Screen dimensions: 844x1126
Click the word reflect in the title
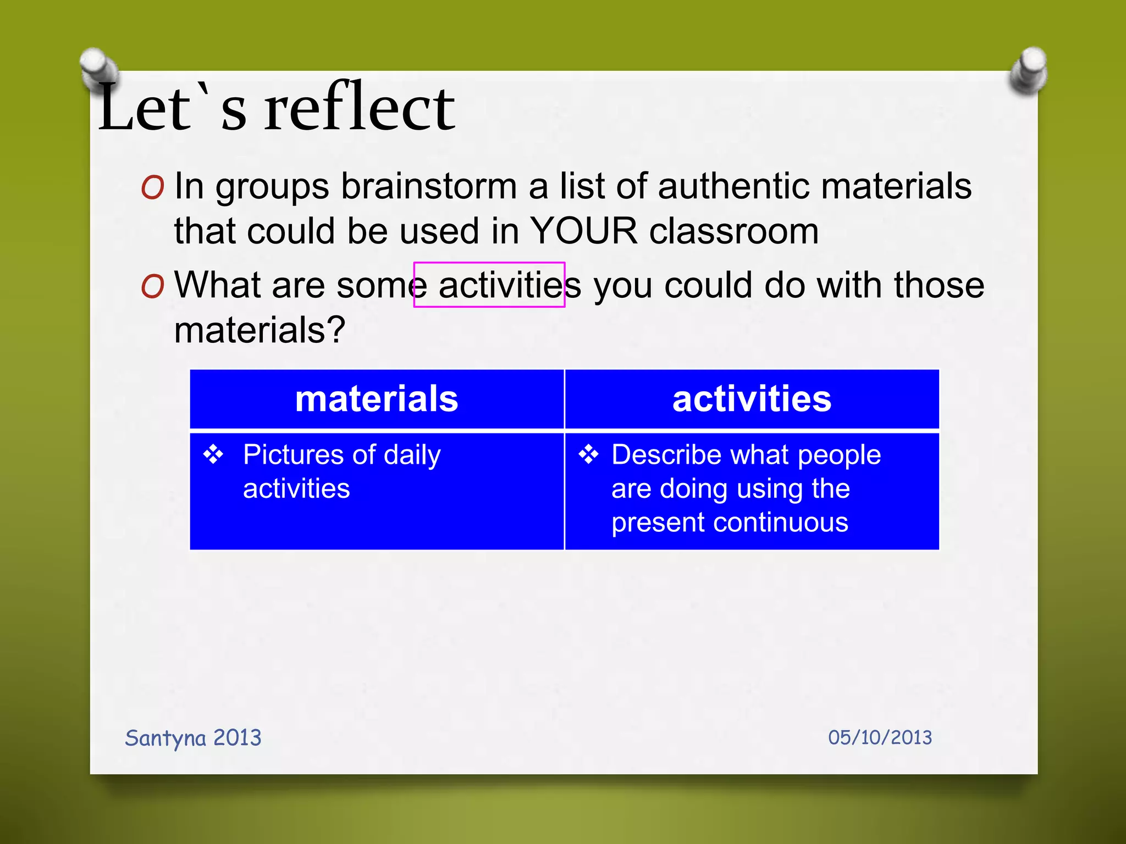[360, 108]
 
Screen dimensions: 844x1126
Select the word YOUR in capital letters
[584, 231]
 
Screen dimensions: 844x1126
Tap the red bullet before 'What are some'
[152, 286]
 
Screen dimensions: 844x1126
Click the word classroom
[734, 231]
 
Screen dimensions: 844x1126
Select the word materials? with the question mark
[260, 330]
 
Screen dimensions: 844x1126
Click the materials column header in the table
[377, 399]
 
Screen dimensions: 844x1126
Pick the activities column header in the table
[752, 399]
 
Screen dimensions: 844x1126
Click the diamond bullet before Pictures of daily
[213, 454]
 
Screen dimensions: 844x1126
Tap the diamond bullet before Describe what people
[588, 454]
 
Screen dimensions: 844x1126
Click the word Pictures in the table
[294, 455]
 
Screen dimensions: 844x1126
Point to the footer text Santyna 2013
[193, 738]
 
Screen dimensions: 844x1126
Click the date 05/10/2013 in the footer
[880, 737]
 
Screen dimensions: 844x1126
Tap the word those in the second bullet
[939, 286]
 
